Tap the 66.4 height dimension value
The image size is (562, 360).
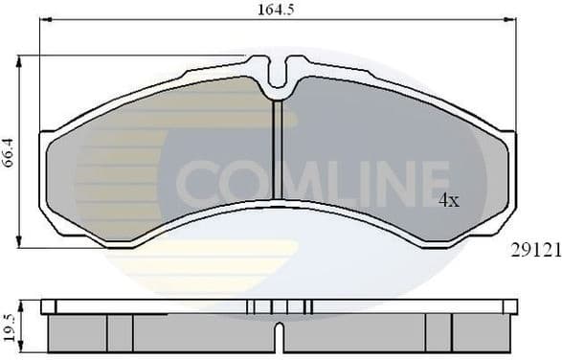pyautogui.click(x=9, y=153)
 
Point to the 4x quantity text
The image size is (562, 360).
pyautogui.click(x=449, y=201)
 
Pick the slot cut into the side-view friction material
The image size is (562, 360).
pyautogui.click(x=277, y=339)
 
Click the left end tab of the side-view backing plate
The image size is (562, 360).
pyautogui.click(x=48, y=306)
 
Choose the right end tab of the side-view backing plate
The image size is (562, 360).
pyautogui.click(x=509, y=306)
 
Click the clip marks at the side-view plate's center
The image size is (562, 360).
pyautogui.click(x=279, y=306)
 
